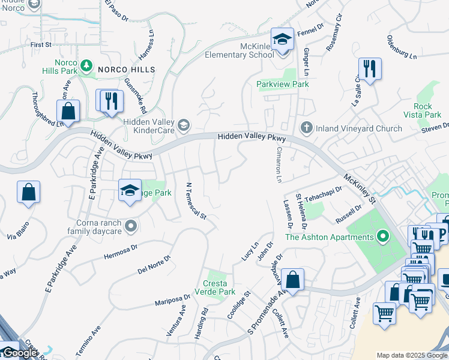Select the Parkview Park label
point(283,85)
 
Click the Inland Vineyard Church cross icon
point(306,128)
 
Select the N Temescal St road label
point(196,201)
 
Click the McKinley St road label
point(359,188)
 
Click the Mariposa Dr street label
point(172,299)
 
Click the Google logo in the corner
point(19,353)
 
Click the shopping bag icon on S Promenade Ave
point(292,278)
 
